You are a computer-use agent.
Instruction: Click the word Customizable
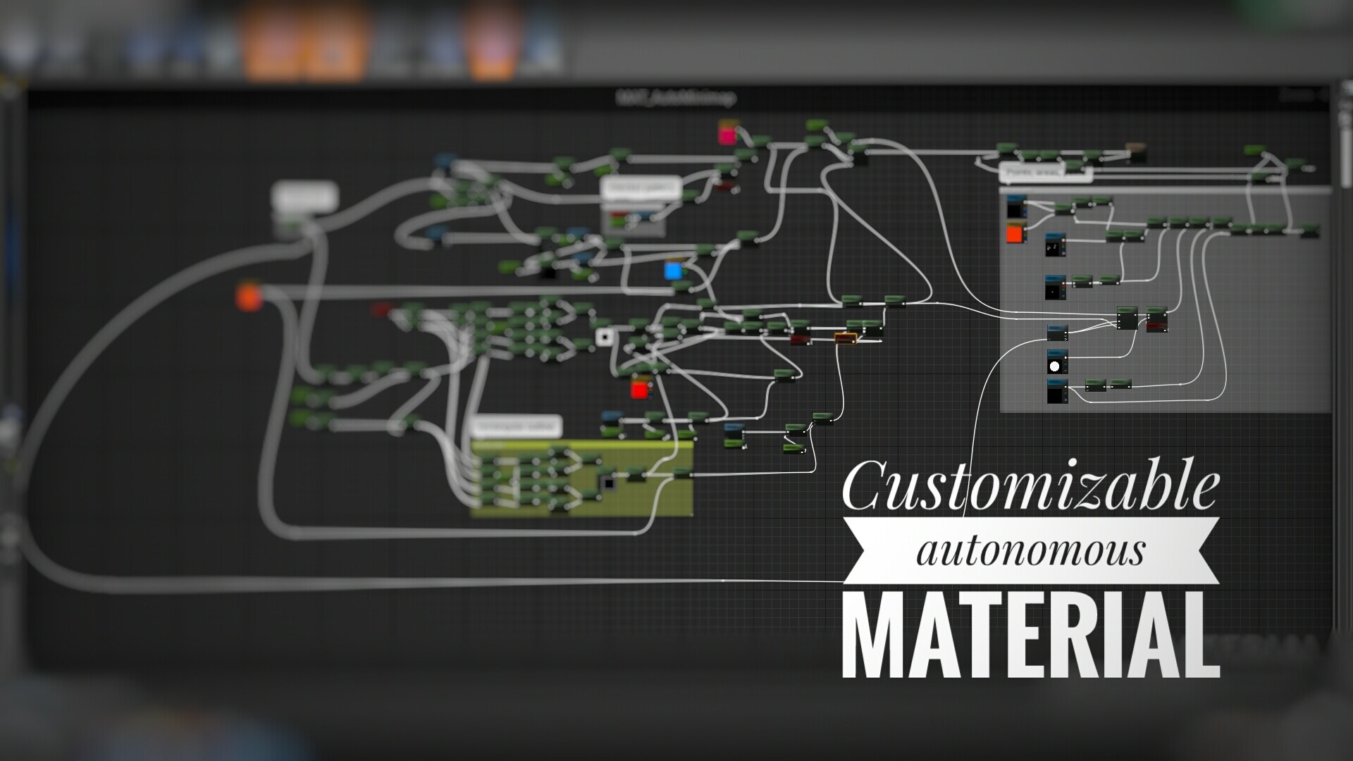click(x=1030, y=486)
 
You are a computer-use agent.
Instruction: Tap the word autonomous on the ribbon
click(x=1030, y=550)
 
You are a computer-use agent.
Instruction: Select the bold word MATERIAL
click(x=1030, y=635)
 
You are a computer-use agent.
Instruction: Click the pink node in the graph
click(x=727, y=133)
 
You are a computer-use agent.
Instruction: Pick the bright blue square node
click(x=674, y=271)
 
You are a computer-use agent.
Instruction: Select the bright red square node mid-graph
click(x=639, y=389)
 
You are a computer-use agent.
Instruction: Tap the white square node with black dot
click(x=604, y=337)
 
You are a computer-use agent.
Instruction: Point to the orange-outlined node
click(x=846, y=338)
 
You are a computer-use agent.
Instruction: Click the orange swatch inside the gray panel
click(x=1014, y=233)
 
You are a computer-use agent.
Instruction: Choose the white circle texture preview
click(x=1056, y=365)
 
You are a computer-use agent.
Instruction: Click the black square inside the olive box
click(x=607, y=482)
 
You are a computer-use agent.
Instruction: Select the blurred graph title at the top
click(x=676, y=97)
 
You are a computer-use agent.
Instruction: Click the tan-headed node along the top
click(x=1135, y=151)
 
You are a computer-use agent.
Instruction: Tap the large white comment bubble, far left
click(x=305, y=198)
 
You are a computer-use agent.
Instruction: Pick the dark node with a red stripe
click(x=1157, y=320)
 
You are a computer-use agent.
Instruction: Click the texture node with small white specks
click(x=1055, y=246)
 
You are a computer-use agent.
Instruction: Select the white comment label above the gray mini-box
click(x=641, y=188)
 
